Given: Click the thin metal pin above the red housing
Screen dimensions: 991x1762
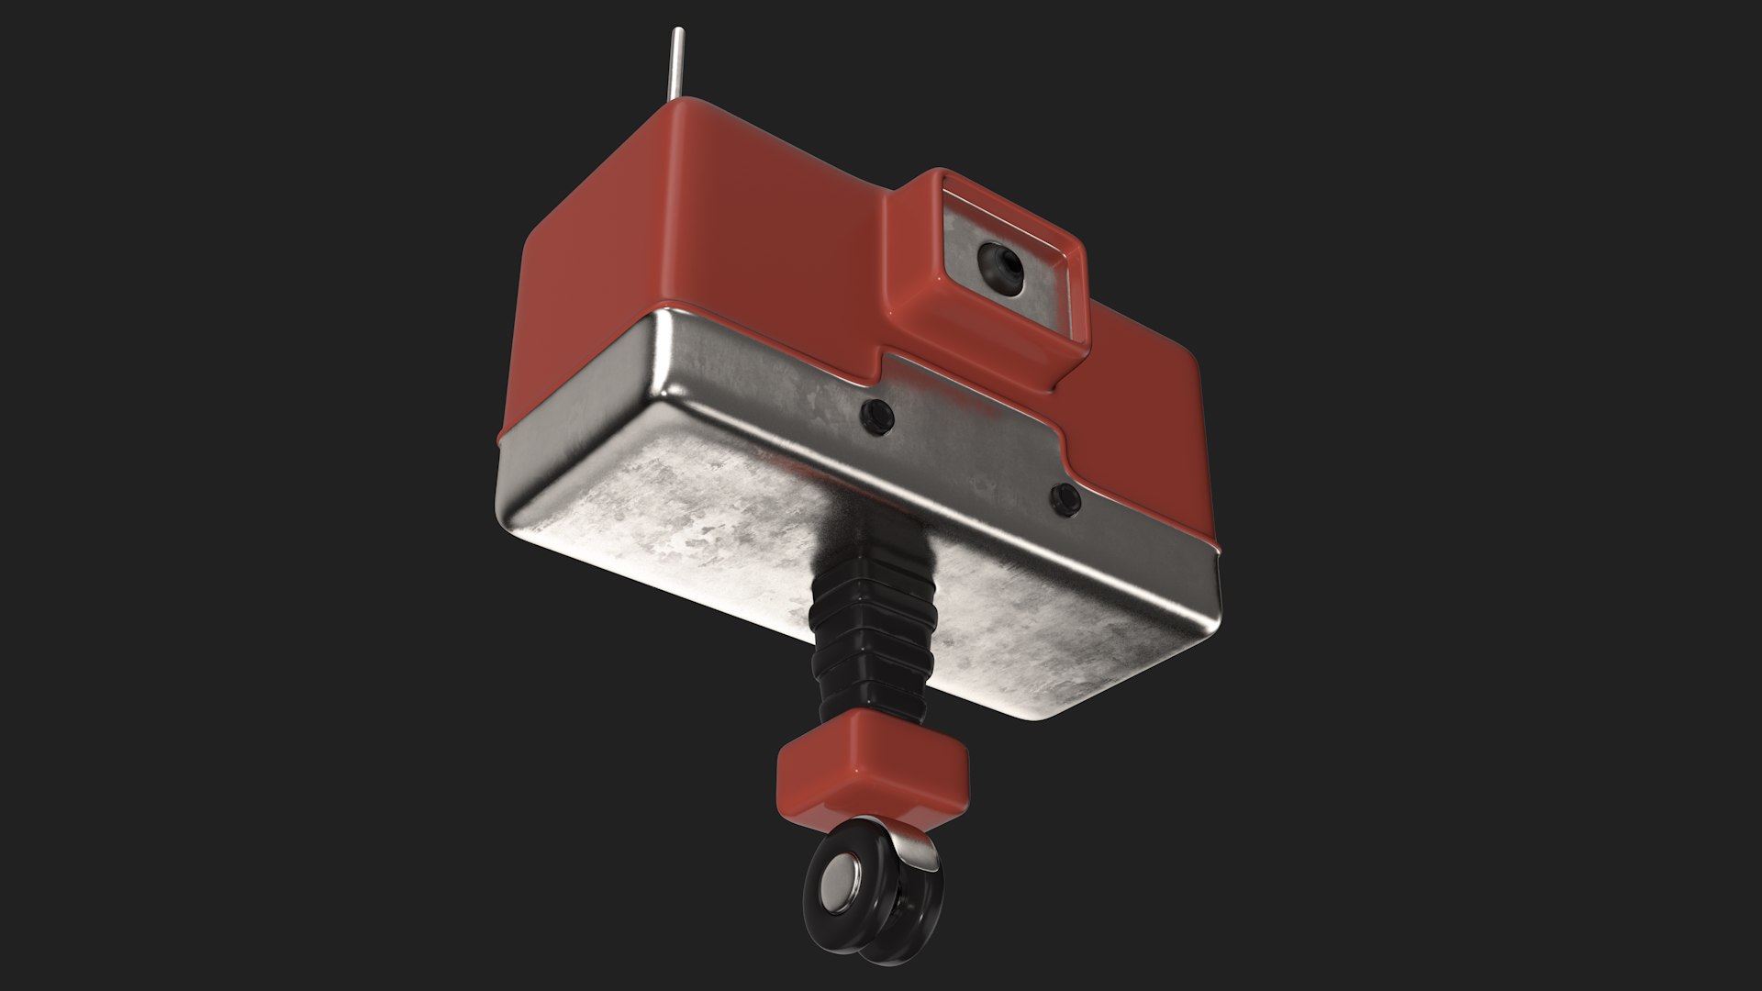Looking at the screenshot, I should click(x=676, y=64).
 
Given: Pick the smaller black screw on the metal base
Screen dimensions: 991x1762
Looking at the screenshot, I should click(x=1065, y=498).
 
